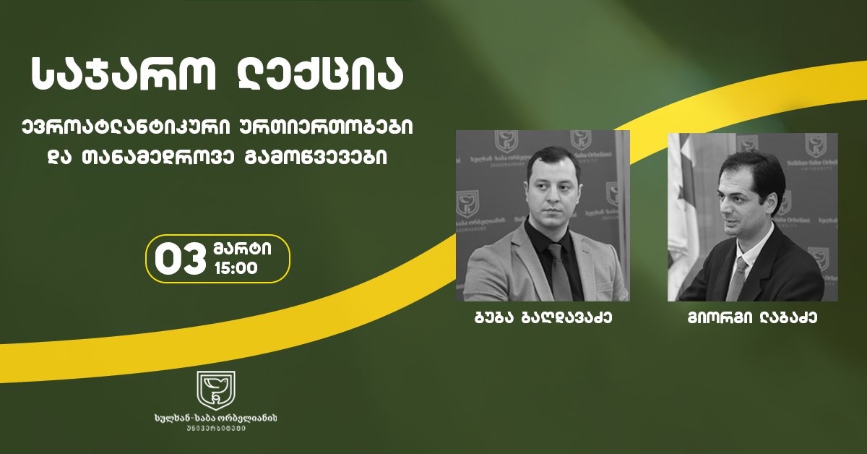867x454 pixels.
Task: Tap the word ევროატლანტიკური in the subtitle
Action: pos(116,127)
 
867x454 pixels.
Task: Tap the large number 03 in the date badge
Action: pos(178,258)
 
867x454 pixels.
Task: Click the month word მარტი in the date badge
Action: pos(242,248)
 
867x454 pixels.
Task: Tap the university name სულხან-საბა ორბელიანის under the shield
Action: pos(216,419)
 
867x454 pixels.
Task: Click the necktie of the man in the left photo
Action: pos(557,267)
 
